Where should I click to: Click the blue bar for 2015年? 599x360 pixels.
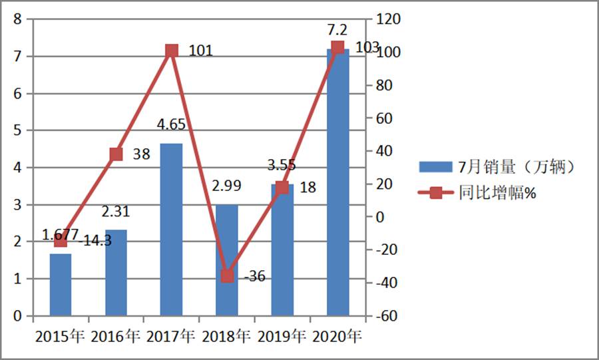61,284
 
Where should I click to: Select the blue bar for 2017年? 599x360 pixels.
171,230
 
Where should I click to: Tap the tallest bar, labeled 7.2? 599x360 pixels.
337,183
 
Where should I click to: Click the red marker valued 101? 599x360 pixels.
172,51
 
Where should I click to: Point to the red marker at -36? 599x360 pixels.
227,275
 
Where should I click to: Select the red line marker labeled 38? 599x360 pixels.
116,154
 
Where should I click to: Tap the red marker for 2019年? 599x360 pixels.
282,187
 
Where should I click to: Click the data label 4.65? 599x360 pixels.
171,124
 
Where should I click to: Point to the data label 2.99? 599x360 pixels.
227,185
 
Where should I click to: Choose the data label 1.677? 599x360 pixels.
60,234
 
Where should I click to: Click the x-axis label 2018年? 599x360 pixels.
227,335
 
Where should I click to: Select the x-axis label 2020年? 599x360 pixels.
337,335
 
